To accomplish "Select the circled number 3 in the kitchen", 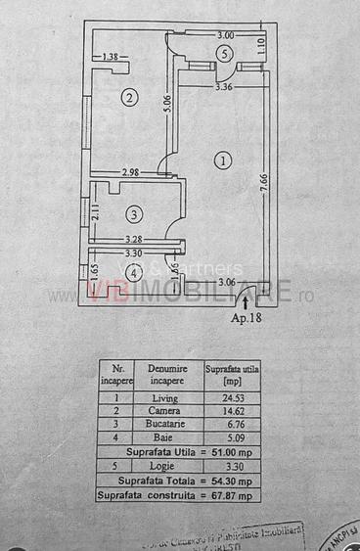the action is click(134, 213).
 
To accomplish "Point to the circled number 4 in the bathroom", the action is click(133, 273).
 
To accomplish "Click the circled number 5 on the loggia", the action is click(225, 53).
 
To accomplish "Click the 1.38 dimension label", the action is click(112, 58).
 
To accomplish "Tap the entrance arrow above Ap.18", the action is click(245, 303).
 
